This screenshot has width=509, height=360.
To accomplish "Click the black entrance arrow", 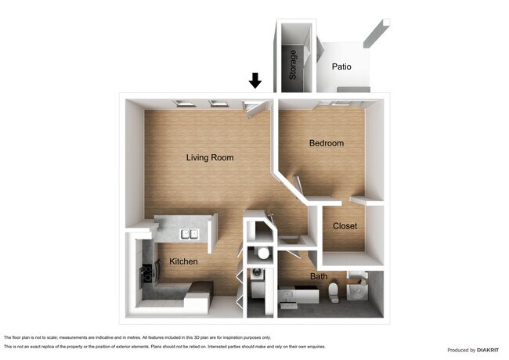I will click(x=254, y=80).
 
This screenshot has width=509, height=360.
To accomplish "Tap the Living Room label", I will click(x=210, y=157).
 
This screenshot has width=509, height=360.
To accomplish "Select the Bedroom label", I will click(x=326, y=143).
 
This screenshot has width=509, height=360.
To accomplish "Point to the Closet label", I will click(x=345, y=226).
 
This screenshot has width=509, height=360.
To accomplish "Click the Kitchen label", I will click(x=182, y=261).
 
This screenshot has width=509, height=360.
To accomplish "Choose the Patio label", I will click(x=341, y=67).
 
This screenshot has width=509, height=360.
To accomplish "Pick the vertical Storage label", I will click(x=294, y=65).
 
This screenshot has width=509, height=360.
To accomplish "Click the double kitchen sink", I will click(x=190, y=233).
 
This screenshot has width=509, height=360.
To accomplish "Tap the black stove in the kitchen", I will click(x=146, y=274).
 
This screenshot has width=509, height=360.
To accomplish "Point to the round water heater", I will click(x=263, y=254).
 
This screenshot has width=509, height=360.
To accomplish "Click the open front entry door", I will click(x=255, y=108).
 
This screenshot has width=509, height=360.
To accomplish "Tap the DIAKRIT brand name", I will click(x=486, y=350).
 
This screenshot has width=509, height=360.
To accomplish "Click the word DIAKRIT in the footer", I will click(x=486, y=350).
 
